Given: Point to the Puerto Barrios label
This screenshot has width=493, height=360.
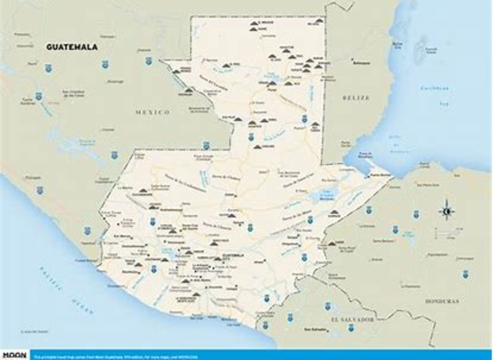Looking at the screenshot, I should coord(383,176).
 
